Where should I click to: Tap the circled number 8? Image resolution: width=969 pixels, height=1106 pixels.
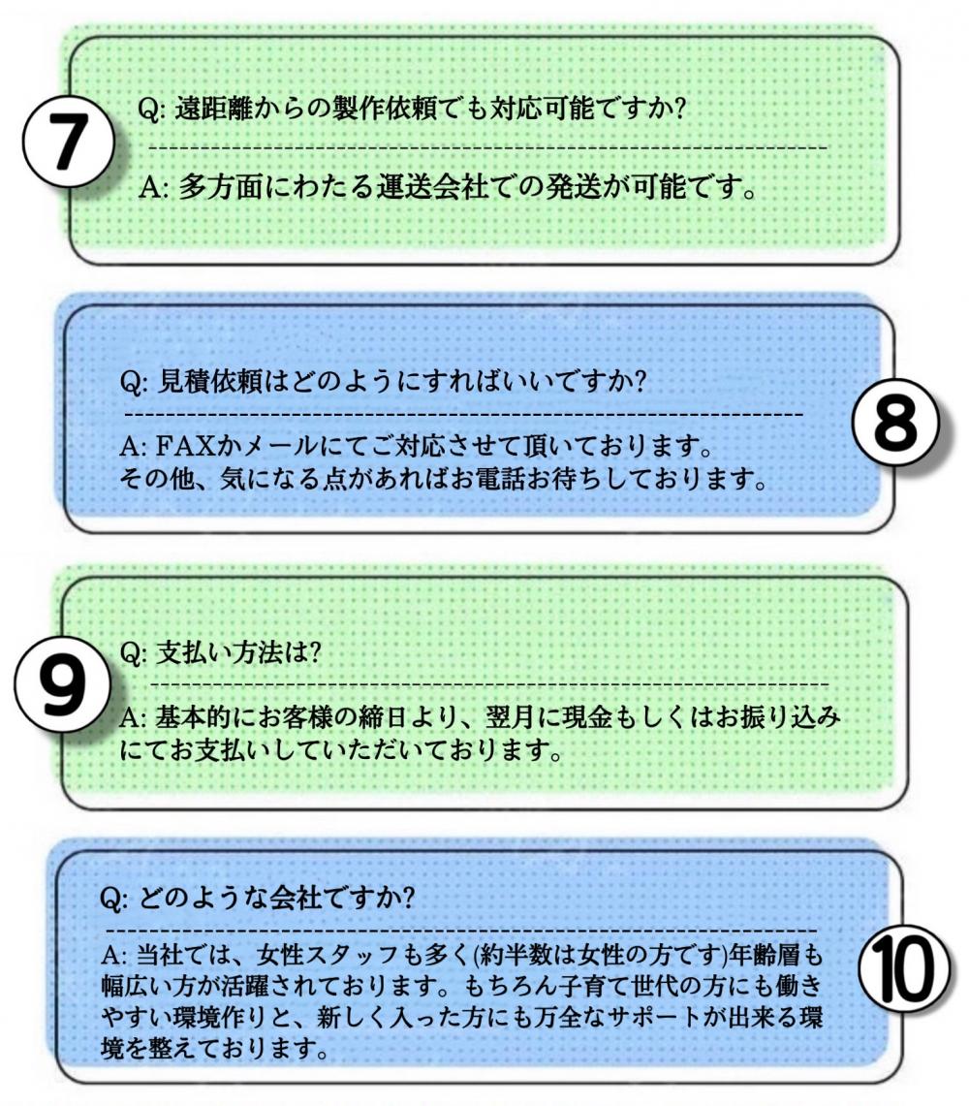(895, 422)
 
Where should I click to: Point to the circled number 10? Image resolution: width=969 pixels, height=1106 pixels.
(903, 967)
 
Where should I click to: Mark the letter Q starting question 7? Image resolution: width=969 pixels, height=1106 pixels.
(149, 111)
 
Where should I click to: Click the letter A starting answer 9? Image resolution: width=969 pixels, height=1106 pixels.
(130, 718)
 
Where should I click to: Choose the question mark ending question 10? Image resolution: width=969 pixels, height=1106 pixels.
(405, 898)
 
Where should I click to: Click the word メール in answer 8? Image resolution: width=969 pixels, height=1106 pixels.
(280, 446)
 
